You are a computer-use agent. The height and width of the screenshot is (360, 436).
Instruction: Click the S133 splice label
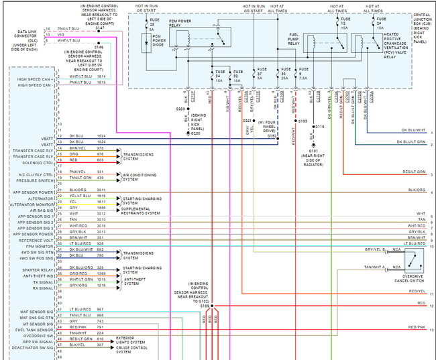click(x=303, y=121)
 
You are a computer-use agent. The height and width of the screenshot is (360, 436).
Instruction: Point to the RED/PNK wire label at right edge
click(x=416, y=326)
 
